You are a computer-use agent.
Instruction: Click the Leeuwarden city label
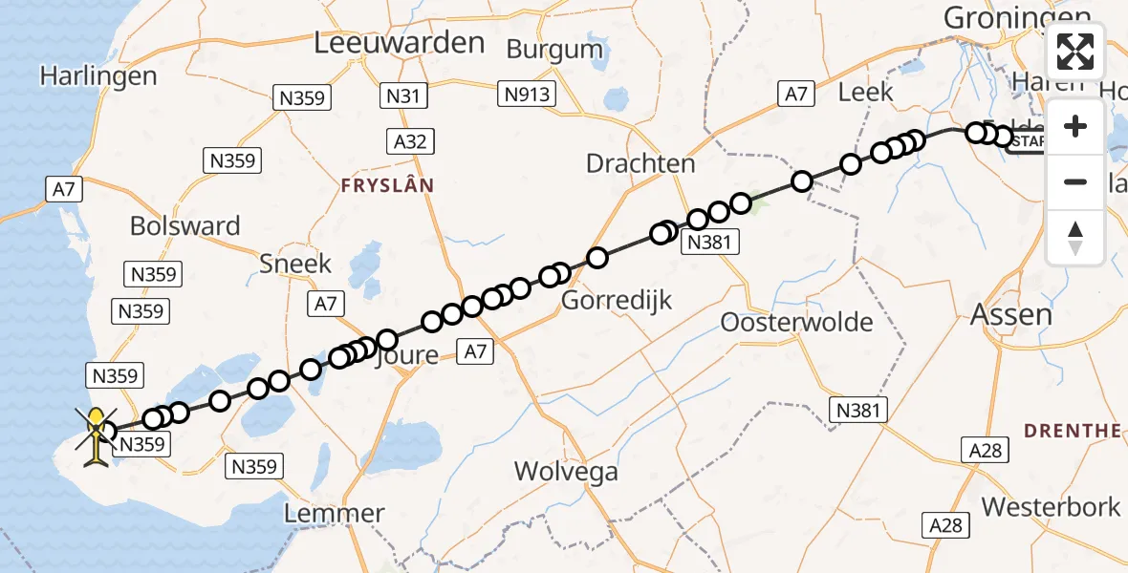click(x=401, y=43)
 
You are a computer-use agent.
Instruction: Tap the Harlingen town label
click(x=98, y=75)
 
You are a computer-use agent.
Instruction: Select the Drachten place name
click(x=640, y=163)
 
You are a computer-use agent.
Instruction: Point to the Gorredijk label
click(x=617, y=300)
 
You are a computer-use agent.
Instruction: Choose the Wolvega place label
click(x=566, y=471)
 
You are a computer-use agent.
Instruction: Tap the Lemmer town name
click(x=335, y=513)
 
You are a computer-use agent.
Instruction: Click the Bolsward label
click(x=184, y=226)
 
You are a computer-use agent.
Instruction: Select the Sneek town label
click(x=296, y=264)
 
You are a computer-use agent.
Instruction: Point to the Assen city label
click(x=1011, y=314)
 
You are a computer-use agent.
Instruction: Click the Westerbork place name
click(x=1051, y=506)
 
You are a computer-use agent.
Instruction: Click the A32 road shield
click(x=412, y=142)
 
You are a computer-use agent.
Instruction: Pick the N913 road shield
click(x=529, y=93)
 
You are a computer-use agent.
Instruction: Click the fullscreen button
click(x=1075, y=52)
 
